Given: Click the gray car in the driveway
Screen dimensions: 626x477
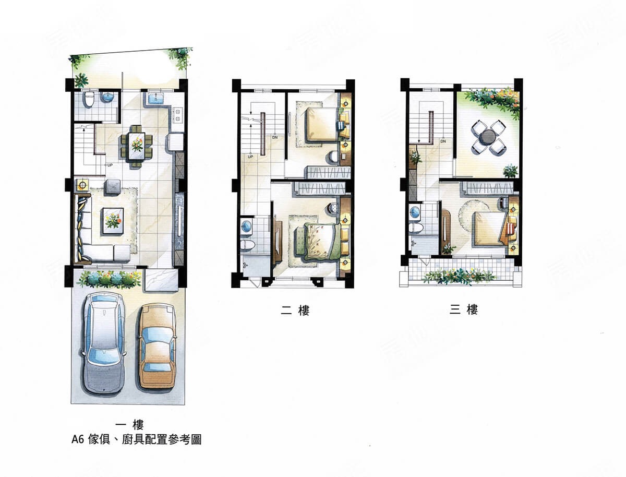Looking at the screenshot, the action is click(x=104, y=343).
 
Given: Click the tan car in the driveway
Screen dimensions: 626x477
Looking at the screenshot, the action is click(x=157, y=347).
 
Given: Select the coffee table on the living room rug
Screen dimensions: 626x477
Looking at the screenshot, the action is click(x=113, y=221).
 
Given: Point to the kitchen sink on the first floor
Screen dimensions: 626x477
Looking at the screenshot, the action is click(x=155, y=98).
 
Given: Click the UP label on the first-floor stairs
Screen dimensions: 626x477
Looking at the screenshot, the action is click(x=110, y=165).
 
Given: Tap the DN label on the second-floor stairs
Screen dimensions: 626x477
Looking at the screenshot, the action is click(x=274, y=137).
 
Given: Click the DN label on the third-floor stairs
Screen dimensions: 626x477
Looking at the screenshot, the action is click(x=443, y=141).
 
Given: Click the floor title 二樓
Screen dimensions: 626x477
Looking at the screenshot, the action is click(x=295, y=310).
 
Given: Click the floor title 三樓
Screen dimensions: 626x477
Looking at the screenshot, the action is click(x=464, y=309).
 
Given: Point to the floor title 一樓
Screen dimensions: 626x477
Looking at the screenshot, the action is click(x=129, y=425).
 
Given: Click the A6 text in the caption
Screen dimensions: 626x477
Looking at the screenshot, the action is click(x=77, y=439).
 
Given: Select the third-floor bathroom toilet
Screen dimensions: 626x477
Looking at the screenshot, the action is click(x=415, y=228).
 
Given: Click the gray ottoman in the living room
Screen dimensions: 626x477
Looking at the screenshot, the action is click(x=114, y=187).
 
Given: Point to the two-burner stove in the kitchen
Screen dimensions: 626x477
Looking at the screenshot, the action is click(x=178, y=115).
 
